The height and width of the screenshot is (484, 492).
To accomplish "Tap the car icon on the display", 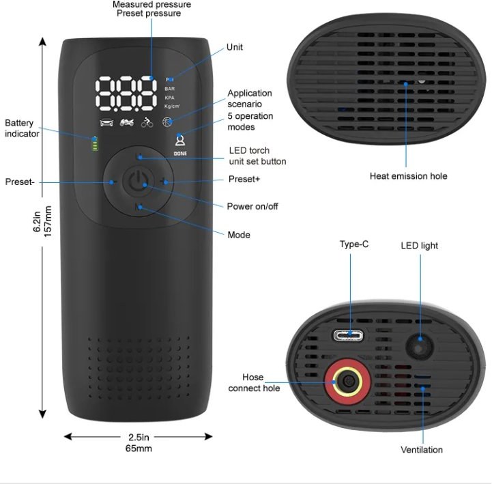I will tap(106, 123).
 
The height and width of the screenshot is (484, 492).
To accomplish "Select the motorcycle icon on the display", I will tap(127, 123).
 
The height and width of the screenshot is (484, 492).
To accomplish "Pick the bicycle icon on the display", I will tap(147, 123).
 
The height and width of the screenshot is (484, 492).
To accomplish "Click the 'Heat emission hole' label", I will tap(408, 176).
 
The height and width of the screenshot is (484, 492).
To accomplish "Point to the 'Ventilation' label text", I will tap(421, 449).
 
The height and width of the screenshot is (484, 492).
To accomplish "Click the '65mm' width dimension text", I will tap(139, 449).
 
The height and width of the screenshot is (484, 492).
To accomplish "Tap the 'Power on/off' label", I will tap(252, 206).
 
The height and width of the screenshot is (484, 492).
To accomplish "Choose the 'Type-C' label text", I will tap(354, 244).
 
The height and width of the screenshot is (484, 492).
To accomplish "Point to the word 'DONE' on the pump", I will tap(180, 154).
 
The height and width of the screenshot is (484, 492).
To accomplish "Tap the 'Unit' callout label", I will tap(235, 47).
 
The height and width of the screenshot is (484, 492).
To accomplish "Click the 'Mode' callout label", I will tap(239, 235).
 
